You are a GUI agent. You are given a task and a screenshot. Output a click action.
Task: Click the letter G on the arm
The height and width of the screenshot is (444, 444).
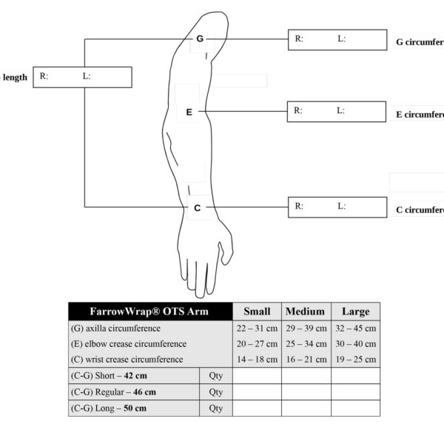coord(200,38)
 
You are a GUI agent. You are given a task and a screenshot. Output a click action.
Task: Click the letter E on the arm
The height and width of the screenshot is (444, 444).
coord(189,112)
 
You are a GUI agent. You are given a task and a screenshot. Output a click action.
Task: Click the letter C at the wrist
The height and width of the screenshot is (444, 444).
coord(197,208)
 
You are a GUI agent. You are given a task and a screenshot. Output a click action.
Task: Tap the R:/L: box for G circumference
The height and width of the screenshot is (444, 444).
coord(337,40)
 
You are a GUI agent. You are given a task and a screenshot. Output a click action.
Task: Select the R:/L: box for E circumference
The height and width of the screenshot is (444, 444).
coord(336,112)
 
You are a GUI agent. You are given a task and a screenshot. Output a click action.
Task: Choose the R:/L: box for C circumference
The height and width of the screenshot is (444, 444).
coord(337,207)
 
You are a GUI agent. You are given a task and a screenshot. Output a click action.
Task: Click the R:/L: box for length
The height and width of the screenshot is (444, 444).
coord(82,77)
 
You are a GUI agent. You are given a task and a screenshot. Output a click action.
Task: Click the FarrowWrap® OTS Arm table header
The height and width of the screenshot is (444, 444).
coord(149,312)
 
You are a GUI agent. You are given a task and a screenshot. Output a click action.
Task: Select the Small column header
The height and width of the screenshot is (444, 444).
coord(257,312)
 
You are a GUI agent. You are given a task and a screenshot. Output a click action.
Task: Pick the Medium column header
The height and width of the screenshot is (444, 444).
coord(305,312)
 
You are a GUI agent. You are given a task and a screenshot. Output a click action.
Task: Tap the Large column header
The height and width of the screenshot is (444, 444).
coord(355,312)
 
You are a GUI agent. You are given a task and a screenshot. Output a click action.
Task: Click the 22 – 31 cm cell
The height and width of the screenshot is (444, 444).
coord(257,329)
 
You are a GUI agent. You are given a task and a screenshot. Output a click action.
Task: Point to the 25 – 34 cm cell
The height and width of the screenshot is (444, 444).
coord(305,344)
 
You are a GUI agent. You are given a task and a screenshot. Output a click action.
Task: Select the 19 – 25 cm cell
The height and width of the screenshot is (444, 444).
coord(355,360)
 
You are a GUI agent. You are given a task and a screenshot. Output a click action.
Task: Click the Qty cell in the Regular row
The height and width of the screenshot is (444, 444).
coord(216,392)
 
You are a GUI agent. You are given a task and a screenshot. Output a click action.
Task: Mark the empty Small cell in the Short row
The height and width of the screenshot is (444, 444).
coord(257,376)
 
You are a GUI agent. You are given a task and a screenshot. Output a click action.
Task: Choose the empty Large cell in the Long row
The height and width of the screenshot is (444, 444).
coord(355,408)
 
